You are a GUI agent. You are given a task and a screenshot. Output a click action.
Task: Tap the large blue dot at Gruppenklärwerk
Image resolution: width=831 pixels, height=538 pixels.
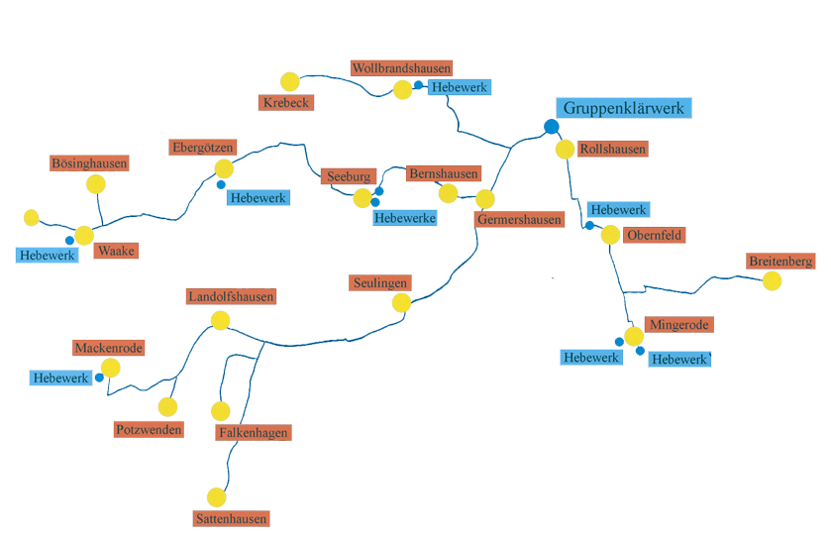pyautogui.click(x=552, y=126)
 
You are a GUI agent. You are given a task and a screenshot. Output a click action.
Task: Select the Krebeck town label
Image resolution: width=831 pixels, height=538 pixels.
pyautogui.click(x=286, y=102)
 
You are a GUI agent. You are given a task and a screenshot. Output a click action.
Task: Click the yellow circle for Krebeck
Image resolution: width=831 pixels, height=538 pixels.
pyautogui.click(x=289, y=81)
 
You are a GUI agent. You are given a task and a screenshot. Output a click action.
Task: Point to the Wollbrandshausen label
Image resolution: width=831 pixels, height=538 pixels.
pyautogui.click(x=401, y=68)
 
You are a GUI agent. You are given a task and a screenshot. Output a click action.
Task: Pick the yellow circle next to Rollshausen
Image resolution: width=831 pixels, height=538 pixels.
pyautogui.click(x=565, y=150)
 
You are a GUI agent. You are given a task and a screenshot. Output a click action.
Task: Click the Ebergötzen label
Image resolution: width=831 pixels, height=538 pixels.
pyautogui.click(x=202, y=148)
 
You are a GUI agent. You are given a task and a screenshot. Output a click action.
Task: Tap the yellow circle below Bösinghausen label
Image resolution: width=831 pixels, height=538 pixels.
pyautogui.click(x=96, y=183)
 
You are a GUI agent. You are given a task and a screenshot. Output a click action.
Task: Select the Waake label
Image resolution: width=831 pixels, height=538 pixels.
pyautogui.click(x=116, y=251)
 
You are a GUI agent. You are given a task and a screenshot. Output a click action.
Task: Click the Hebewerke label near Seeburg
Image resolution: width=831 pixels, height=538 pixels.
pyautogui.click(x=405, y=218)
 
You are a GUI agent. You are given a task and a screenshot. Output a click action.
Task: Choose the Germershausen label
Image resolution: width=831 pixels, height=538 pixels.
pyautogui.click(x=519, y=219)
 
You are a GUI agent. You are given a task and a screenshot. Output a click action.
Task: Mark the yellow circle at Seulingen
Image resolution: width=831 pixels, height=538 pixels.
pyautogui.click(x=401, y=302)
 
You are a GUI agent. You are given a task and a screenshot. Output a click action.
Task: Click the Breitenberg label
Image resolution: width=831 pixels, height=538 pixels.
pyautogui.click(x=781, y=262)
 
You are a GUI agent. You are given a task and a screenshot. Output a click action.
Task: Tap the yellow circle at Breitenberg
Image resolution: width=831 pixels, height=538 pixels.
pyautogui.click(x=772, y=280)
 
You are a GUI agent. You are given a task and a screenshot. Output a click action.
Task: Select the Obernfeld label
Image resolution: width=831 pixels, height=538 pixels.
pyautogui.click(x=655, y=235)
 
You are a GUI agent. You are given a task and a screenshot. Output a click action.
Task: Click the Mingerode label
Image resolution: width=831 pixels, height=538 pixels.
pyautogui.click(x=679, y=324)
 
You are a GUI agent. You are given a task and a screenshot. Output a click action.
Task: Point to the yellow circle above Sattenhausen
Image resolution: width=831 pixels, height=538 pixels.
pyautogui.click(x=217, y=496)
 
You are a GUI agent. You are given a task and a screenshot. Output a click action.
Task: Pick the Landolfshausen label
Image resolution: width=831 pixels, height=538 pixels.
pyautogui.click(x=231, y=296)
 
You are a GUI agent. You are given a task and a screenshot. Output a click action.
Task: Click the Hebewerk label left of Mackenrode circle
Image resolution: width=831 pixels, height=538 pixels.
pyautogui.click(x=60, y=377)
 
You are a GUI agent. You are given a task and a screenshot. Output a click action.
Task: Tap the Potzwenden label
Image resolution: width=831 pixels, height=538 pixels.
pyautogui.click(x=149, y=429)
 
